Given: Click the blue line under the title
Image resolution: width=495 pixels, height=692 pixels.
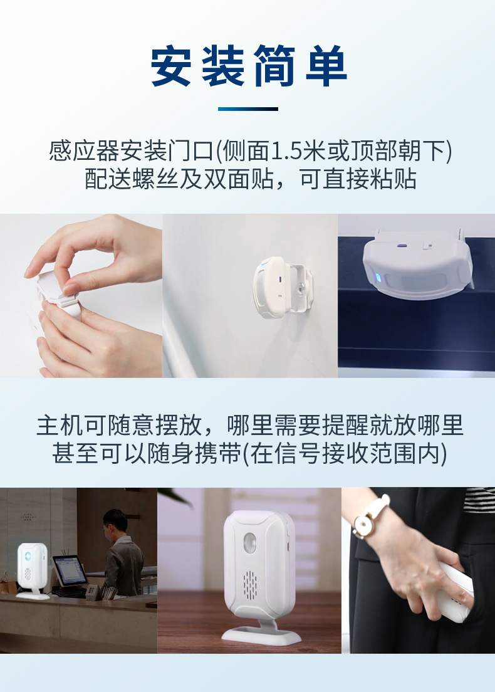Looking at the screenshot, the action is (248, 108).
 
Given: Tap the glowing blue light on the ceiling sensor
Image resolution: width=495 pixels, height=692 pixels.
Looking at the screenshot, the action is (376, 278).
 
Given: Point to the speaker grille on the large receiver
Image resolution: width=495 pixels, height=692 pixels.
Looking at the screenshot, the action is (250, 585).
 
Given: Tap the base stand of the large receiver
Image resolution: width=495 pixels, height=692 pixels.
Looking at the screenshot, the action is (262, 634).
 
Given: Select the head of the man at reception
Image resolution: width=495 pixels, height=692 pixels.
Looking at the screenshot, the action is (115, 523).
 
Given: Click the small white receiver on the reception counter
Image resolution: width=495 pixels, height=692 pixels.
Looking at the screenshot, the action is (32, 570).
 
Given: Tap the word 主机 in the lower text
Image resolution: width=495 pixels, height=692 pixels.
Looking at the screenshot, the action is (60, 426).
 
